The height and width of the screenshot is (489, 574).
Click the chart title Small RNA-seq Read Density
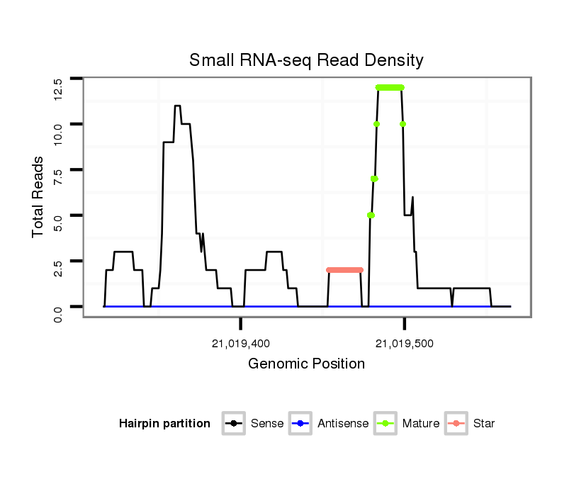(x=306, y=61)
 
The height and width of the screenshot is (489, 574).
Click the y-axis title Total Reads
(x=39, y=197)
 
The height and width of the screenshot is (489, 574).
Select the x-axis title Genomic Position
(x=306, y=364)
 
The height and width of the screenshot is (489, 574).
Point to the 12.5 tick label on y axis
(x=58, y=89)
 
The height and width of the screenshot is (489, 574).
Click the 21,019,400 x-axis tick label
(x=241, y=344)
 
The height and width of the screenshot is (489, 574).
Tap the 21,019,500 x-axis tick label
(x=405, y=344)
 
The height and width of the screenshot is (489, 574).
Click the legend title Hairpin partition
(x=164, y=424)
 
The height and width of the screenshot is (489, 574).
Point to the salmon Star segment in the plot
(x=345, y=270)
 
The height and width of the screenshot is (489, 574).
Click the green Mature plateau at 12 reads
(x=390, y=87)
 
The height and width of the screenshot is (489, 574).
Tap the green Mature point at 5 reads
(x=371, y=215)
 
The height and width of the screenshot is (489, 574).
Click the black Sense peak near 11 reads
(x=177, y=106)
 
